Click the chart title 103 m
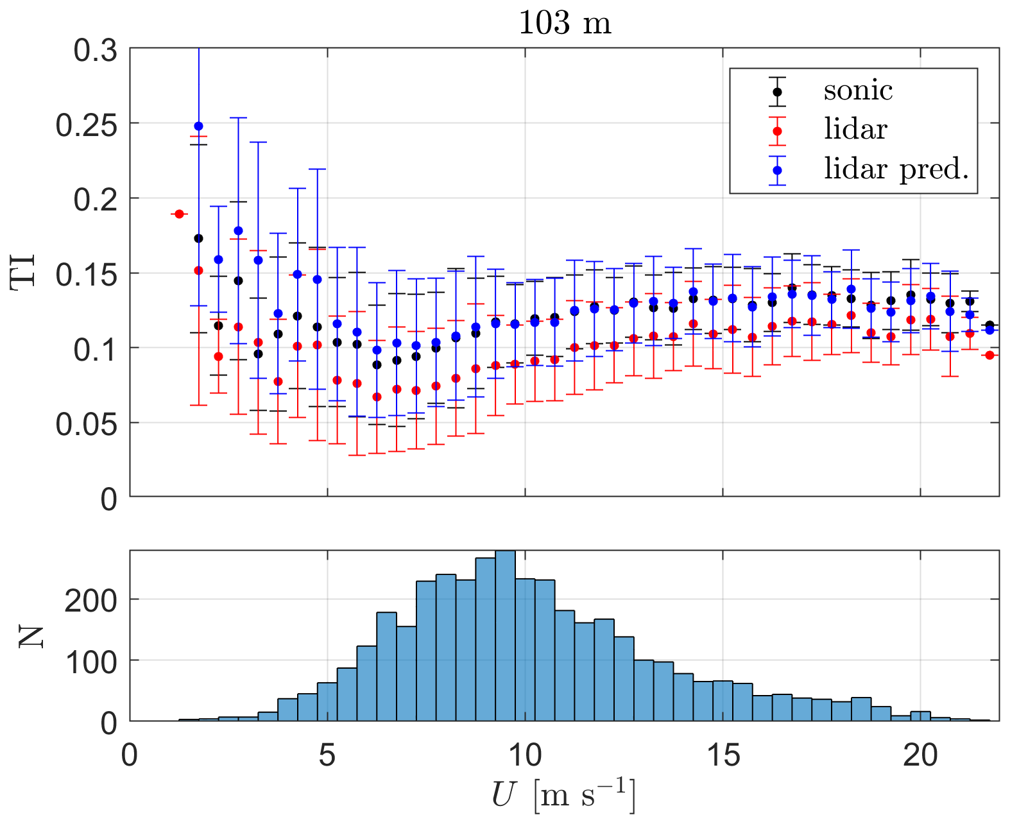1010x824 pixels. [564, 24]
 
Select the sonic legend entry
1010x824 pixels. [858, 90]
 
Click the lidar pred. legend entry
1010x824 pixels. [896, 169]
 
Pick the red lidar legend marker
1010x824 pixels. [777, 130]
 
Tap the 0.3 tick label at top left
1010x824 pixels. [96, 51]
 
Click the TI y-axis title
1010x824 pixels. [24, 273]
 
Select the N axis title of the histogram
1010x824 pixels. [30, 636]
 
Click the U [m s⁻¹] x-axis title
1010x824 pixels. [564, 795]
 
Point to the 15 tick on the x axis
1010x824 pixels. [723, 755]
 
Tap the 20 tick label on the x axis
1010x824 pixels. [920, 755]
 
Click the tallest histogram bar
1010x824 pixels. [506, 635]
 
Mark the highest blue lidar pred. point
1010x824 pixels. [198, 126]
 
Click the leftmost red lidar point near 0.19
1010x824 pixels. [180, 214]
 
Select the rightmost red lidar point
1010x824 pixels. [989, 355]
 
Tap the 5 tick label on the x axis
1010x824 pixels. [327, 755]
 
